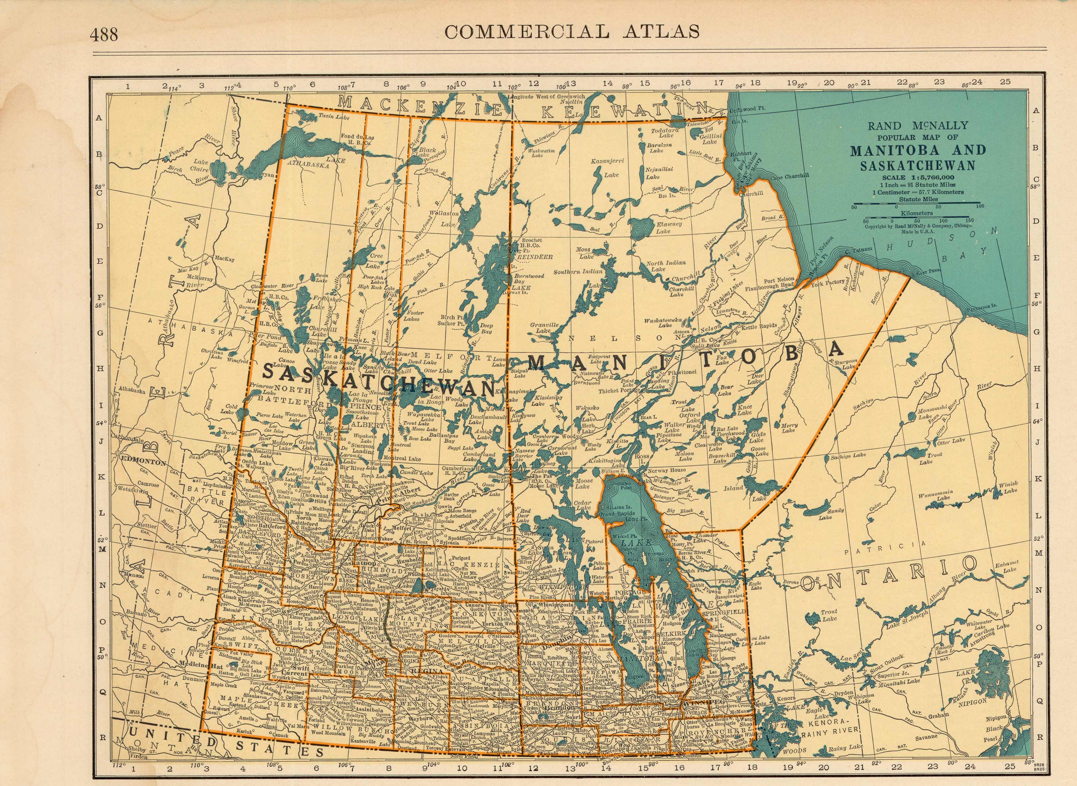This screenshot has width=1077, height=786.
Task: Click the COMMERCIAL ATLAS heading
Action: click(571, 31)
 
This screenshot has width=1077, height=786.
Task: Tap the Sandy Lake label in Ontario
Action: click(836, 514)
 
